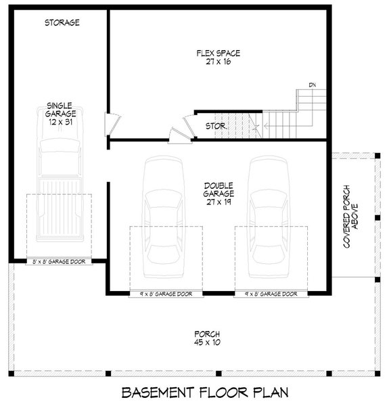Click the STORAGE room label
[62, 22]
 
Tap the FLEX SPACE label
[218, 53]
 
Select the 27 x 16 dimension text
[218, 62]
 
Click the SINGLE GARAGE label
[61, 110]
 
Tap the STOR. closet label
[216, 126]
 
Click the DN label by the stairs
[312, 85]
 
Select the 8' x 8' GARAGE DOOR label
[60, 261]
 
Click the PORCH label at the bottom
[201, 334]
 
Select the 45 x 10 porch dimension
[201, 343]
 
